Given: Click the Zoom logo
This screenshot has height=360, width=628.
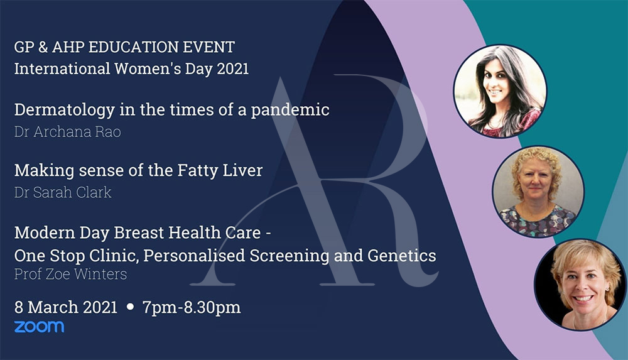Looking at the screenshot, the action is pyautogui.click(x=39, y=327).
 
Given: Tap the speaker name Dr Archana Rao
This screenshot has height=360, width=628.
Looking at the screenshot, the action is pyautogui.click(x=68, y=132).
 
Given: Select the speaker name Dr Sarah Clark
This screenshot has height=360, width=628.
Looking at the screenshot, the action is pyautogui.click(x=63, y=192).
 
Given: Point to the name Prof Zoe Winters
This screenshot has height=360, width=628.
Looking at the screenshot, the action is pyautogui.click(x=70, y=274).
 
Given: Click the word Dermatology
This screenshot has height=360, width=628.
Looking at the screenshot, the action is pyautogui.click(x=65, y=110).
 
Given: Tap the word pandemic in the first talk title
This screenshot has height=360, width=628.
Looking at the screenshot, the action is pyautogui.click(x=290, y=110).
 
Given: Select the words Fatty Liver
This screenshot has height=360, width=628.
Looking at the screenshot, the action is pyautogui.click(x=220, y=171).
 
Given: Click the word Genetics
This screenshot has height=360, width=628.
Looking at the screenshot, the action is pyautogui.click(x=402, y=256).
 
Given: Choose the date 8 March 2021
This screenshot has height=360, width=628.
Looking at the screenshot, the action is pyautogui.click(x=66, y=307).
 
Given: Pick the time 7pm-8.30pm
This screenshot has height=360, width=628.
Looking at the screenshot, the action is pyautogui.click(x=192, y=307).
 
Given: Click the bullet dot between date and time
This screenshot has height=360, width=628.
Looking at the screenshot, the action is pyautogui.click(x=130, y=307).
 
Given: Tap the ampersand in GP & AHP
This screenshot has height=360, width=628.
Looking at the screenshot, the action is pyautogui.click(x=43, y=47).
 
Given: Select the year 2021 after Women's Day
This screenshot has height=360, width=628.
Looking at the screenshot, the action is pyautogui.click(x=233, y=68).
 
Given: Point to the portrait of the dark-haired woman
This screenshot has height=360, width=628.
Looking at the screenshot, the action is pyautogui.click(x=500, y=91).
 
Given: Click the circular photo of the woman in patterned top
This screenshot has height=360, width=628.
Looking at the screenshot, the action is pyautogui.click(x=538, y=192).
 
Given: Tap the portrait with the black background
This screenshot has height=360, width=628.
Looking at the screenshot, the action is pyautogui.click(x=580, y=285).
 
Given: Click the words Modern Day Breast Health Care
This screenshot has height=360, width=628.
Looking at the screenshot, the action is pyautogui.click(x=138, y=233).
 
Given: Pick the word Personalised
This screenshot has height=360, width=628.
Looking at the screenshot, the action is pyautogui.click(x=194, y=256).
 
